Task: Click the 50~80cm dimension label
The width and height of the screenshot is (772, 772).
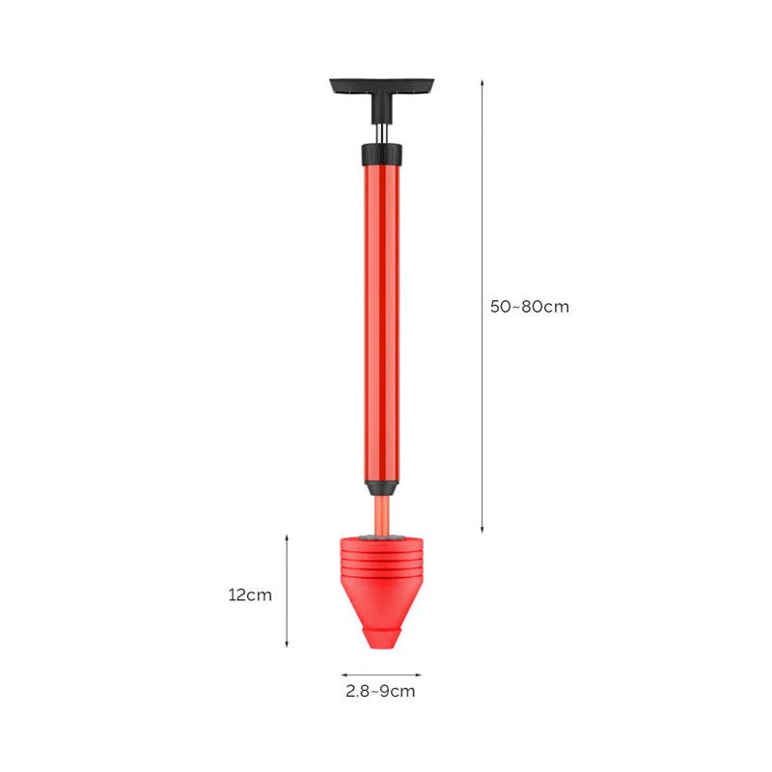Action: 529,307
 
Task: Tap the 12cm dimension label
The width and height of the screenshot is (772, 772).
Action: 250,595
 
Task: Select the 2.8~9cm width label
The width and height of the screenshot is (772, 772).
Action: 380,691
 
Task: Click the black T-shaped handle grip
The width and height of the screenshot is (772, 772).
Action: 381,86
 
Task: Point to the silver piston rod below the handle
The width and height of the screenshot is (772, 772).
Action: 381,133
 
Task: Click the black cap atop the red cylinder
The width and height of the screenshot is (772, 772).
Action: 381,154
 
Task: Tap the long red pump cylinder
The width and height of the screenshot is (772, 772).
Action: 381,323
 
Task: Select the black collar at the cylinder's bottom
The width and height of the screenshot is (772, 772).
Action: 381,488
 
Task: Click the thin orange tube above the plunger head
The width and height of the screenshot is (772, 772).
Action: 381,516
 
